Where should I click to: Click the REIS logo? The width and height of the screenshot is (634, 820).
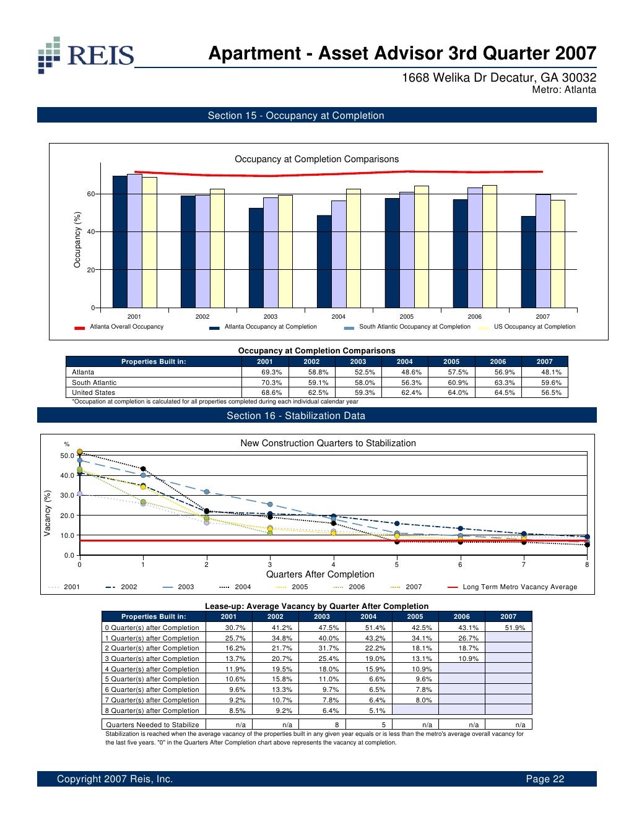85,55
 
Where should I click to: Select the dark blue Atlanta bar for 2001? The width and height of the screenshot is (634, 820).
119,242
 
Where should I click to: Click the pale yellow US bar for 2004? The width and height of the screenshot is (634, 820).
353,248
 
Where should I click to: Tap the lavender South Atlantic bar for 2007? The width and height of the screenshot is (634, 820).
543,251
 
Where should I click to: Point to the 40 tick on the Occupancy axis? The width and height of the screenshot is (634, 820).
91,232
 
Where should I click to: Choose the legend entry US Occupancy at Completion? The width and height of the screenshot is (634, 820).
534,327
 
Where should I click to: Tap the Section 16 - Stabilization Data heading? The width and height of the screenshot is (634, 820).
296,416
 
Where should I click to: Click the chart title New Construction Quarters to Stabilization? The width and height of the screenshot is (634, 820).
328,443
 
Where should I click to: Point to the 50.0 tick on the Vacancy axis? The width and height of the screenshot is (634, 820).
67,456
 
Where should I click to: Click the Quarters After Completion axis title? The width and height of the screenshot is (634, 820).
320,574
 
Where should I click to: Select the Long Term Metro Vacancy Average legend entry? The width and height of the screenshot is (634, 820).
519,587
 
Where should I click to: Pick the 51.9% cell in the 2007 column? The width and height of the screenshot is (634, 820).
515,628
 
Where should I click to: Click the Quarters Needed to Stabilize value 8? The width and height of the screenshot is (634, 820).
337,725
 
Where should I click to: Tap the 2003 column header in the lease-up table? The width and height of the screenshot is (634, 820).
322,616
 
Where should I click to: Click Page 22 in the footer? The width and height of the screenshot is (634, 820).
545,779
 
